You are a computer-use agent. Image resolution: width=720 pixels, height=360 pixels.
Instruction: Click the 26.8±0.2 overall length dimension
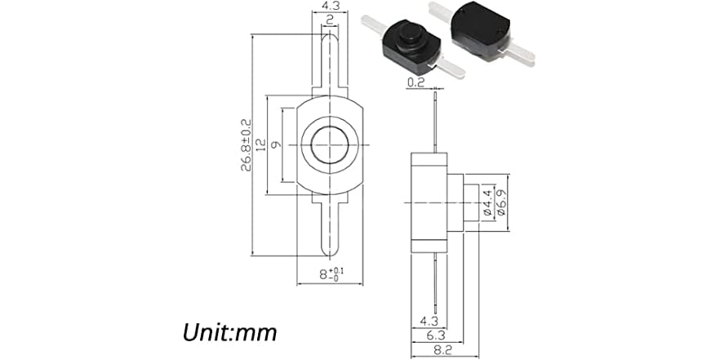pos(246,145)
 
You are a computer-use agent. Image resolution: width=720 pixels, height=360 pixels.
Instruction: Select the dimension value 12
pos(260,145)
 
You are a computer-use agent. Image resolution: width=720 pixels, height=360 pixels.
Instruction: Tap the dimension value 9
pos(276,145)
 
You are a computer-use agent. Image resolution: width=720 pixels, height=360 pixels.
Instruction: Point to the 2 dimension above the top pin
pos(328,20)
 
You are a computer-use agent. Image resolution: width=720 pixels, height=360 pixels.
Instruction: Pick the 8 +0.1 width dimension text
pos(330,275)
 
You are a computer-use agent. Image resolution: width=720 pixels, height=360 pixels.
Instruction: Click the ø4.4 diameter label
pos(487,202)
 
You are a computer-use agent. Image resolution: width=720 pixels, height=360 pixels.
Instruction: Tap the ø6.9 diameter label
pos(500,202)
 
